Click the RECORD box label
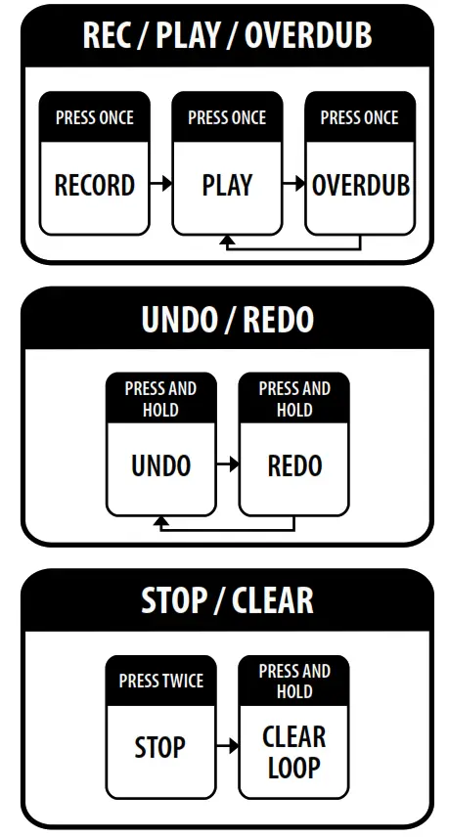pos(95,186)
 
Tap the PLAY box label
pos(227,186)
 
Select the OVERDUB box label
pos(361,186)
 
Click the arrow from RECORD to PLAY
pos(160,183)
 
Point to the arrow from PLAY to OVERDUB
pos(293,183)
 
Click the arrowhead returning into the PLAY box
pos(227,241)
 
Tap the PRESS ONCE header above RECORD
pos(95,117)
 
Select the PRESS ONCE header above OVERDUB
pos(360,117)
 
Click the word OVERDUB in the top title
pos(308,35)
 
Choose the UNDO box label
pos(160,466)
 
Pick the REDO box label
pos(294,466)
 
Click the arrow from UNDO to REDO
pos(228,463)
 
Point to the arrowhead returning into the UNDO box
pos(160,521)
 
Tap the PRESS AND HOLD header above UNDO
pos(160,399)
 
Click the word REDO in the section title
pos(278,320)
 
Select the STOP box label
pos(159,747)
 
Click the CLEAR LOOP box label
pos(294,752)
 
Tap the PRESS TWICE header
pos(160,681)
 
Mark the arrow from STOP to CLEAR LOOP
pos(228,745)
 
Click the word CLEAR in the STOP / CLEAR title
pos(273,600)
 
